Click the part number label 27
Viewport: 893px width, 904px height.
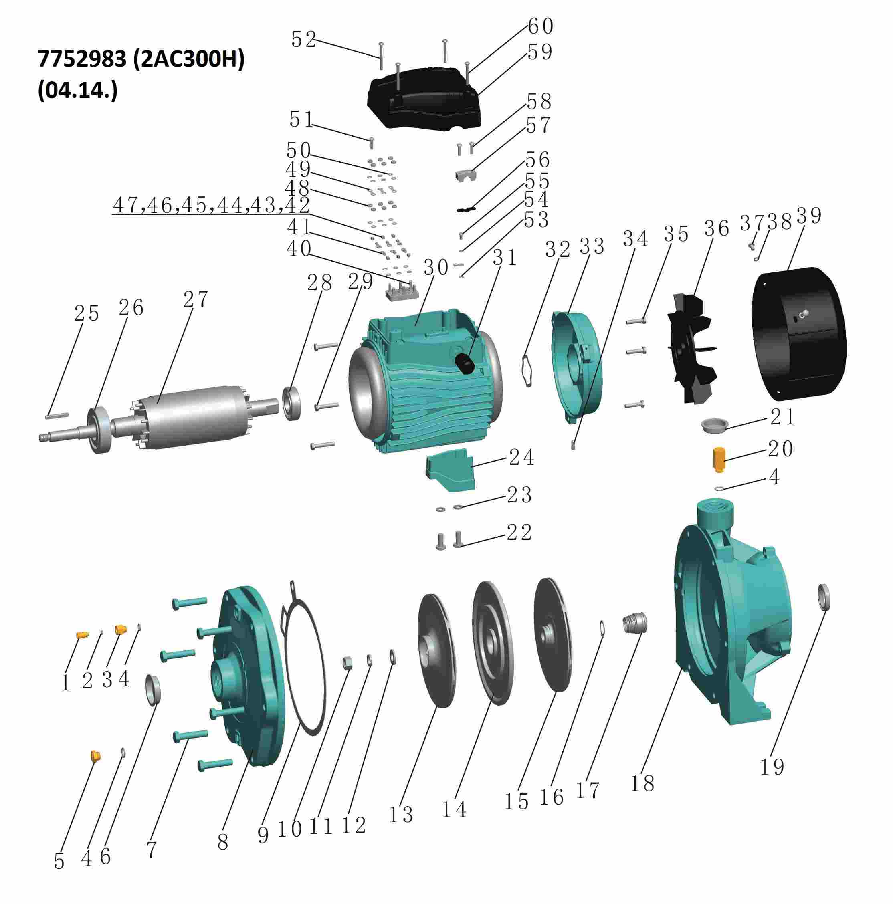(x=195, y=300)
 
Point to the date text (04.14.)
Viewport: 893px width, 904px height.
(x=77, y=91)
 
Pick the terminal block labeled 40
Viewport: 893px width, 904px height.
(x=401, y=293)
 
